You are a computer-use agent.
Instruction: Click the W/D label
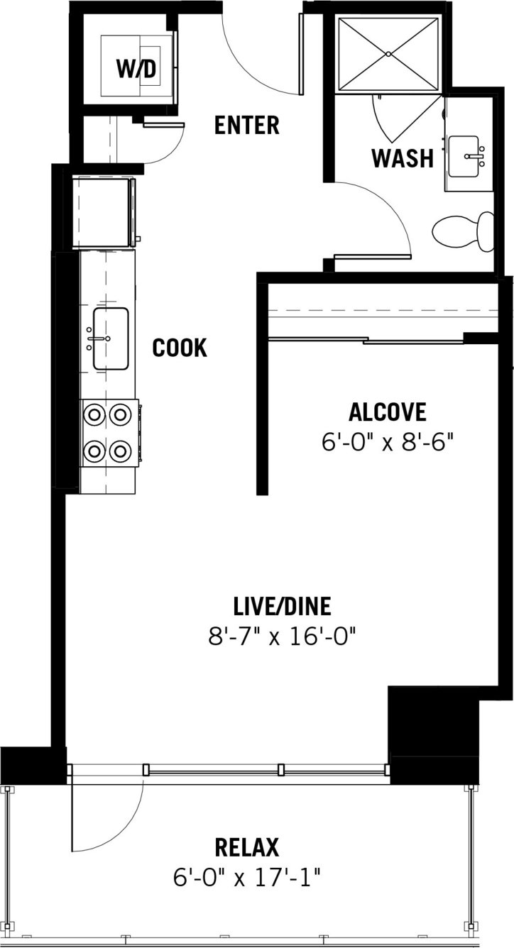coord(136,70)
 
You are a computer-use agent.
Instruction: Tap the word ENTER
coord(247,125)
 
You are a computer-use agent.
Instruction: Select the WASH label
coord(403,158)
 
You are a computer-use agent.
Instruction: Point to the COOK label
coord(180,348)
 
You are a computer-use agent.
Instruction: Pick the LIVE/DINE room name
coord(282,607)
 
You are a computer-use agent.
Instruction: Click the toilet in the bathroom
coord(463,232)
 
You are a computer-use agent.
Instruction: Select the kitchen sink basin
coord(111,338)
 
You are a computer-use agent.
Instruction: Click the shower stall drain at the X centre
coord(388,54)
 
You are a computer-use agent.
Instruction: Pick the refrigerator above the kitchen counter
coord(104,212)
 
